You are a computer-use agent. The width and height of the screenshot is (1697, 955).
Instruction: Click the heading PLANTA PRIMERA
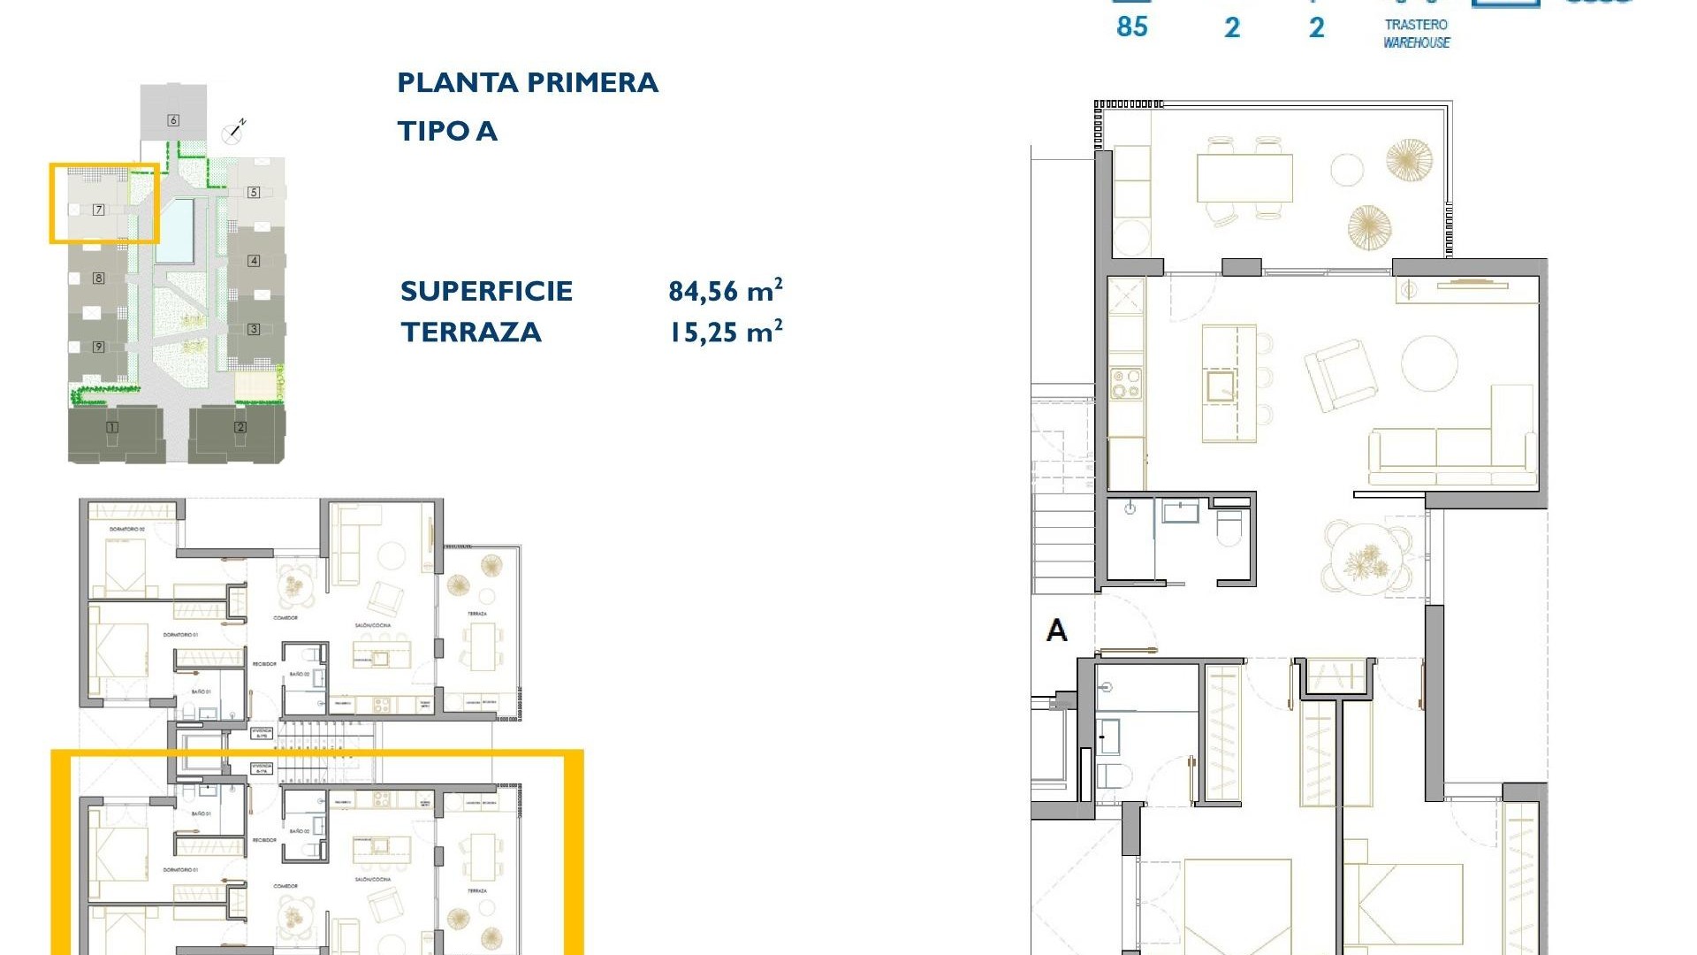pos(528,82)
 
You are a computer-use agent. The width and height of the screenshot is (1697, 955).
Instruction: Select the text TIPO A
pos(447,131)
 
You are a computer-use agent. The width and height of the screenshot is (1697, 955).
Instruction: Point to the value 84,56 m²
pos(725,290)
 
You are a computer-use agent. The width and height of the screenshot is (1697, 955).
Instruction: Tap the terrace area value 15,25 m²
pos(725,332)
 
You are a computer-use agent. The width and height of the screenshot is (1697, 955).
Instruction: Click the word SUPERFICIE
pos(486,291)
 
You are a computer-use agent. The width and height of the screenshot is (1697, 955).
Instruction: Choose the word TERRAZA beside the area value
pos(470,332)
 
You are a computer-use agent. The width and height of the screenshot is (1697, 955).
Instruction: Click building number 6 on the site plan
pos(173,120)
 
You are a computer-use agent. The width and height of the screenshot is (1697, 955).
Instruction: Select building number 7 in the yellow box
pos(99,210)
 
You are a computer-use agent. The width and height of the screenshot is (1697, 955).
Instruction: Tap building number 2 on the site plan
pos(240,427)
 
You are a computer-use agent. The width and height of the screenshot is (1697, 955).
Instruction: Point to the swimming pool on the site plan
pos(175,230)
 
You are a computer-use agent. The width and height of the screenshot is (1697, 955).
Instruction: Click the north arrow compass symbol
pos(234,132)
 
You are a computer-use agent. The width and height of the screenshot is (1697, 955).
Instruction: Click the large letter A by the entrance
pos(1056,630)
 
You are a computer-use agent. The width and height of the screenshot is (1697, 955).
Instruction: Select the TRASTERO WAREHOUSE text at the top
pos(1416,34)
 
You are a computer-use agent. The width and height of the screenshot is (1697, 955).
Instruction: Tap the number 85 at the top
pos(1131,27)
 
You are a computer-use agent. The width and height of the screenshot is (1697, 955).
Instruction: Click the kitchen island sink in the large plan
pos(1221,386)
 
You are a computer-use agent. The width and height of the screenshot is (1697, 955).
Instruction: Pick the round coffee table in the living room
pos(1429,363)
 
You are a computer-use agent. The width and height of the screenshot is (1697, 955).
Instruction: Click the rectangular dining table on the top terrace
pos(1244,178)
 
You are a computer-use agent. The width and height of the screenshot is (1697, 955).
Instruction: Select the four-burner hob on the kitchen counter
pos(1126,385)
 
